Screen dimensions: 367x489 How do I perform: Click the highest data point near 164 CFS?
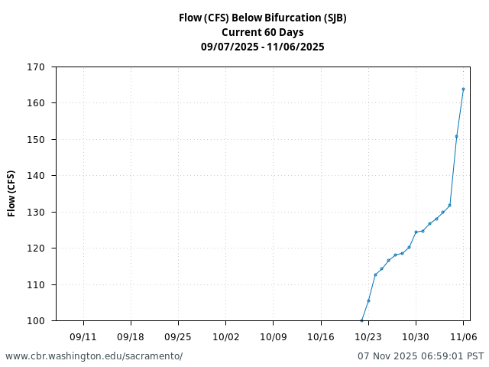(463, 89)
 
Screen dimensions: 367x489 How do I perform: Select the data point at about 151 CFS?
(456, 136)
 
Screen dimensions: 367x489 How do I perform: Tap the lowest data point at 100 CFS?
(361, 320)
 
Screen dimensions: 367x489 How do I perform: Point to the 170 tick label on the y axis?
(35, 67)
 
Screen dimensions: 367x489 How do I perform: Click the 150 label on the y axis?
(35, 140)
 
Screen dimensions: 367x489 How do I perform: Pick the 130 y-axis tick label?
(35, 213)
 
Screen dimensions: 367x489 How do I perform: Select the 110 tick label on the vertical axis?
(35, 285)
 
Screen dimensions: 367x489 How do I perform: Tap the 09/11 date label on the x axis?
(83, 336)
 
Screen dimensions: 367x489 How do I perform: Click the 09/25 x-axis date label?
(178, 336)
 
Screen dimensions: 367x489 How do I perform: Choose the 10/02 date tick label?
(225, 336)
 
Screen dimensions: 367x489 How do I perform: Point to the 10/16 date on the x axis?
(320, 336)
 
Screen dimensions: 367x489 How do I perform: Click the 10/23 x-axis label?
(368, 336)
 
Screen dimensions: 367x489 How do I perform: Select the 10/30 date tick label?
(415, 336)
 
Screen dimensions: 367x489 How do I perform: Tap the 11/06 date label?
(462, 336)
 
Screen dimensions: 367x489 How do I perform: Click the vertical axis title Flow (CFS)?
(11, 193)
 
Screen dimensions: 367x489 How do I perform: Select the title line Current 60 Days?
(262, 32)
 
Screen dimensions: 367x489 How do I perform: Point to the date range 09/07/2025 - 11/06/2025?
(262, 47)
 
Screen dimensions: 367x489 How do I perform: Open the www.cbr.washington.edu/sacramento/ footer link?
(94, 356)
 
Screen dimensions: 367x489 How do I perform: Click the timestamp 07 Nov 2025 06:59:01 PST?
(420, 356)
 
